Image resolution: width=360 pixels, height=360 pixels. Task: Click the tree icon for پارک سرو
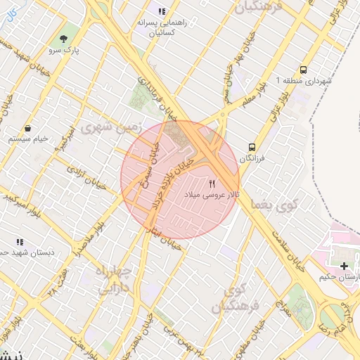click(64, 38)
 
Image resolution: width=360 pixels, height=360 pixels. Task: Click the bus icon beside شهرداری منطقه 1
click(303, 70)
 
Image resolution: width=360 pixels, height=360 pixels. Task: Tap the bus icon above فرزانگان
click(251, 148)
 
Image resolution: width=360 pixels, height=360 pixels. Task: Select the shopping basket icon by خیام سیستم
click(27, 129)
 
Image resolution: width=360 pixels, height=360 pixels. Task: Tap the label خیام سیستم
click(27, 140)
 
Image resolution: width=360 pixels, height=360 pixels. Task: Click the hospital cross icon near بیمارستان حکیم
click(344, 266)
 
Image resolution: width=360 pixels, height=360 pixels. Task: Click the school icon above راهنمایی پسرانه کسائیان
click(162, 11)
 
